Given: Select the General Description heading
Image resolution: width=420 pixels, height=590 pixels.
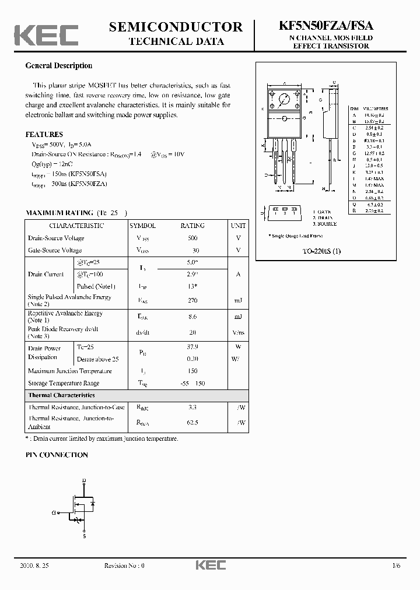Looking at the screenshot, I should click(58, 66).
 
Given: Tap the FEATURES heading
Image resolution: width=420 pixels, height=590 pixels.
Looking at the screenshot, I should click(44, 134).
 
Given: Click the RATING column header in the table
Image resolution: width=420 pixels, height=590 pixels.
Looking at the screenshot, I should click(192, 226).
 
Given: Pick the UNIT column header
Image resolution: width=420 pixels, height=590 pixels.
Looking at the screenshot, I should click(238, 226).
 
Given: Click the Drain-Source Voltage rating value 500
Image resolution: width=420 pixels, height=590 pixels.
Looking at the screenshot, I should click(192, 238).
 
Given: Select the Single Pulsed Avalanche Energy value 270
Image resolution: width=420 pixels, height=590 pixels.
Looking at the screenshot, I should click(192, 301).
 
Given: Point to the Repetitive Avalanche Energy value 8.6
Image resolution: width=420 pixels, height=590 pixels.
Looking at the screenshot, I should click(192, 317).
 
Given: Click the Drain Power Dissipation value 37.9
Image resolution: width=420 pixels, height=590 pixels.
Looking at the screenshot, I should click(192, 347).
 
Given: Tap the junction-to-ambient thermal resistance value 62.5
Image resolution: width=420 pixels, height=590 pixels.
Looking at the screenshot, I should click(192, 422).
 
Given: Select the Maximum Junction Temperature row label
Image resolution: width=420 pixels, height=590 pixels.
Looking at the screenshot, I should click(69, 371).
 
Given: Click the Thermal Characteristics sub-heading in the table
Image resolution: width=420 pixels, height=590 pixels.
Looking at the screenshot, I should click(61, 395).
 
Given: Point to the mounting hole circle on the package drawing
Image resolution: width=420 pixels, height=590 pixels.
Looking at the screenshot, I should click(284, 99).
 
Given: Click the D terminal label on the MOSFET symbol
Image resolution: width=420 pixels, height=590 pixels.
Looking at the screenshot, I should click(84, 480).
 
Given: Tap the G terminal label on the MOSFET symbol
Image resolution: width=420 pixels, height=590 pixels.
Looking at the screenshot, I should click(54, 513).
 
